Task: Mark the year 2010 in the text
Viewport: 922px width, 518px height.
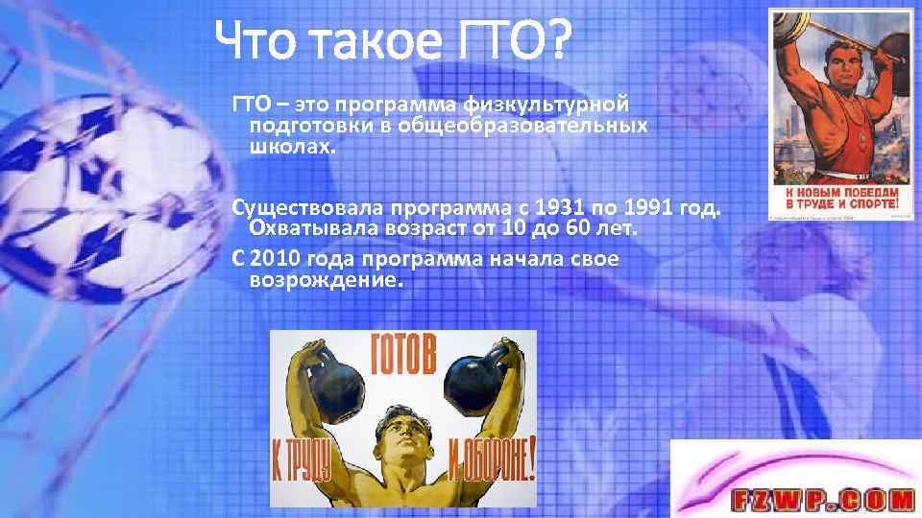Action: [278, 259]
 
